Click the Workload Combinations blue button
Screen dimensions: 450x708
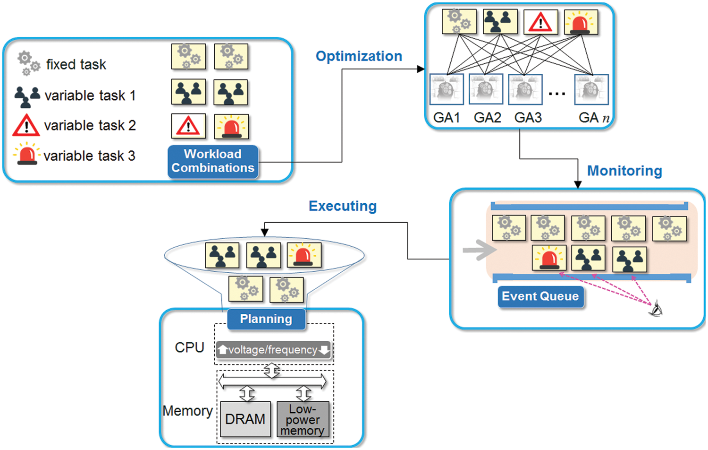213,161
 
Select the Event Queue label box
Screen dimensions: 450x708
540,296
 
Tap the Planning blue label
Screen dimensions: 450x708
266,319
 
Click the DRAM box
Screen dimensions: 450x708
245,419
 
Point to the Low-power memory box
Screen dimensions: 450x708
303,419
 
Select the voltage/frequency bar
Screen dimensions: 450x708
273,350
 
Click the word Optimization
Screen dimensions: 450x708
359,56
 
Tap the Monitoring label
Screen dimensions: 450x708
624,171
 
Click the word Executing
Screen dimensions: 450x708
342,206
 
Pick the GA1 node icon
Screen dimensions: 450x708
446,89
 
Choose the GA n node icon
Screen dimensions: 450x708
591,89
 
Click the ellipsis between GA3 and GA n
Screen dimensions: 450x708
557,94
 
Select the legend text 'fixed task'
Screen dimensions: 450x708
76,64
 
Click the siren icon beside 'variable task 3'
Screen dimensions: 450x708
26,154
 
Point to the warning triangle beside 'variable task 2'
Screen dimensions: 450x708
26,125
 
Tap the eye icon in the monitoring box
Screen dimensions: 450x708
656,309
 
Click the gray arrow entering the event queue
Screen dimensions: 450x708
478,251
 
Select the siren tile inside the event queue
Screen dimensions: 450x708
548,258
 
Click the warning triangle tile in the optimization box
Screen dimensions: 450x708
540,22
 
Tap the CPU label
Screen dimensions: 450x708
189,347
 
